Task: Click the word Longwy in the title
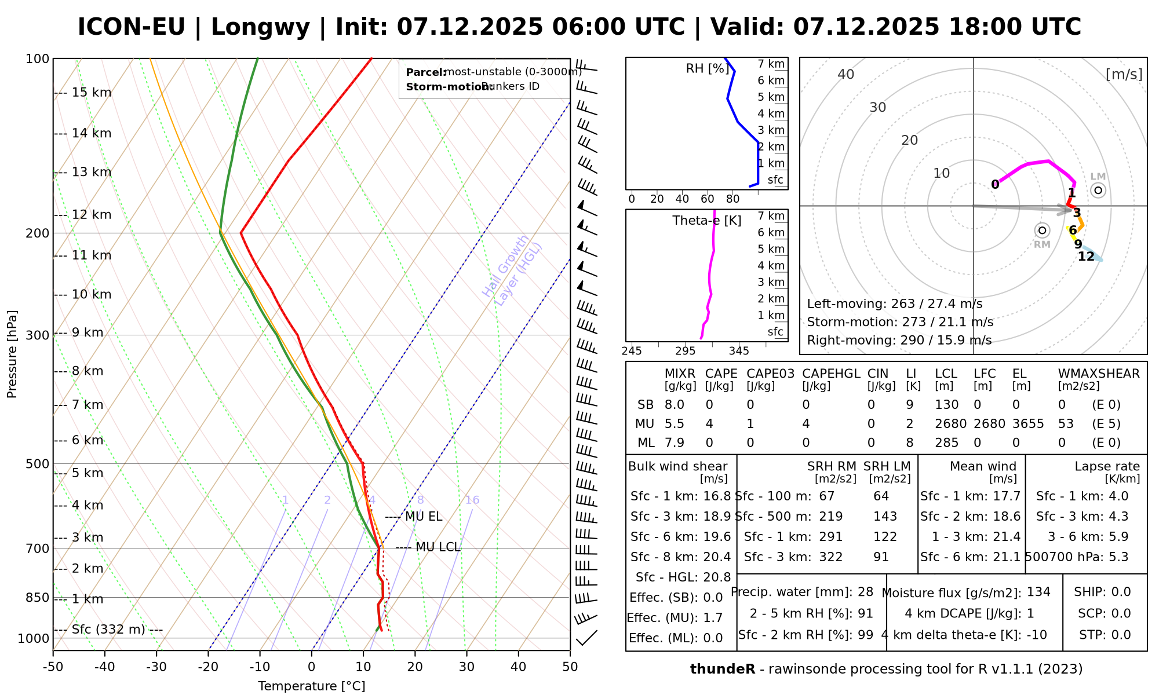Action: [260, 27]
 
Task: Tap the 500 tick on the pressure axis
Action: [38, 464]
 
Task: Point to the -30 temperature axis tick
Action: [156, 667]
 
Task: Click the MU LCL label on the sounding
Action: [438, 547]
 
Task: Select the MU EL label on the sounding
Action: [424, 517]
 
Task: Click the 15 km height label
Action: [91, 93]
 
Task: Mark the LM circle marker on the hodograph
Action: [1098, 190]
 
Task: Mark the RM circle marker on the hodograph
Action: [1042, 231]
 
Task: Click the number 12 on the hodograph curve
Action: [1086, 257]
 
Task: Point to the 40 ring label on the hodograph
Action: [846, 74]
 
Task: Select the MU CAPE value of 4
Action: [709, 424]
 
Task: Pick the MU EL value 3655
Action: [1028, 424]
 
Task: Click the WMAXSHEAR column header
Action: [1099, 374]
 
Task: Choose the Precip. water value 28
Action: [865, 592]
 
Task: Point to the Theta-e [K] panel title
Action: [706, 221]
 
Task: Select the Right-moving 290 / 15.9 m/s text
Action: [899, 340]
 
